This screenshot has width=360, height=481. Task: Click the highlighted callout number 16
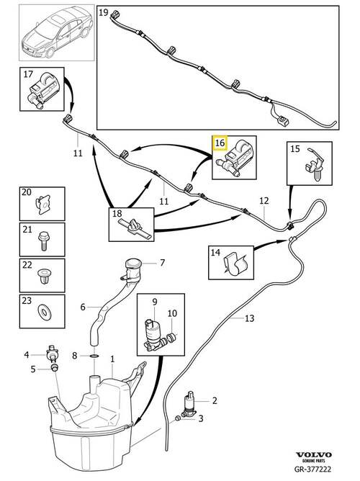[x=220, y=143]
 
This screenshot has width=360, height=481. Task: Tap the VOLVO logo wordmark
[x=314, y=454]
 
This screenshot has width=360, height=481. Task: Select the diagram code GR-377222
[x=312, y=469]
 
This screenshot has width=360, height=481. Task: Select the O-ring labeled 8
[x=94, y=356]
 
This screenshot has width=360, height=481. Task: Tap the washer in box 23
[x=42, y=311]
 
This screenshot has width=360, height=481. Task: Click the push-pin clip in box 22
[x=42, y=276]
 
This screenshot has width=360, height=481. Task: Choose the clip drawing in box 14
[x=236, y=264]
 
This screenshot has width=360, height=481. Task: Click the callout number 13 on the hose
[x=250, y=318]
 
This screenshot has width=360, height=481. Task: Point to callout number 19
[x=104, y=12]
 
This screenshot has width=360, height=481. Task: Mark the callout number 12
[x=264, y=201]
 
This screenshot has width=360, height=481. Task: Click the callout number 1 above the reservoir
[x=112, y=359]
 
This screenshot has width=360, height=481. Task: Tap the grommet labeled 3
[x=177, y=418]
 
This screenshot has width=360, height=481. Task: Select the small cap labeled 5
[x=54, y=367]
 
